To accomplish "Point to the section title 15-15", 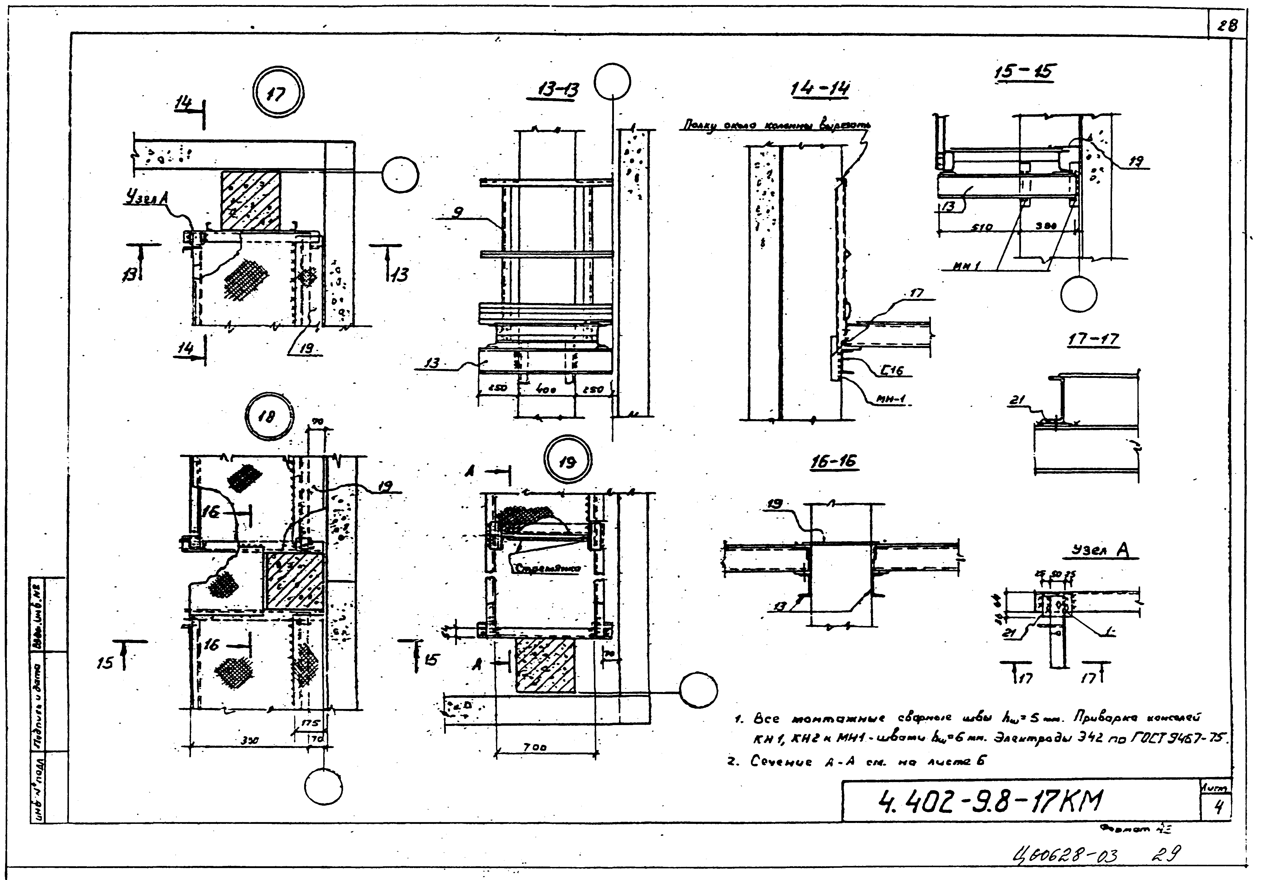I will click(x=1026, y=72).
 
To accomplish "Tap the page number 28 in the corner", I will click(x=1227, y=25).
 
